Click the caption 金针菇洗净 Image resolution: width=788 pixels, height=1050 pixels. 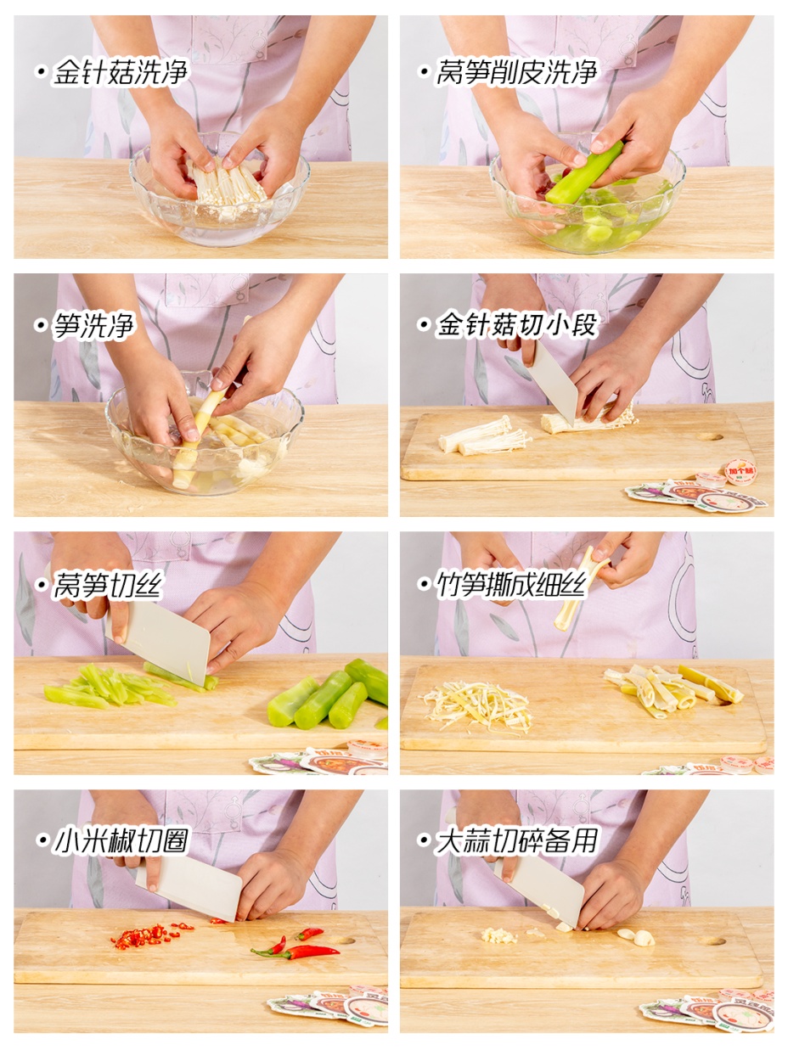[121, 73]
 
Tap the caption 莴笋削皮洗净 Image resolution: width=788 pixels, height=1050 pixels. [516, 73]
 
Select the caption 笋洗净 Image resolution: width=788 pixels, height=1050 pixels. [93, 326]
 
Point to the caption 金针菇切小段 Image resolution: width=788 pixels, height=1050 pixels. [516, 325]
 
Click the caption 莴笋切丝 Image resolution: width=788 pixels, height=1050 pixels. [107, 585]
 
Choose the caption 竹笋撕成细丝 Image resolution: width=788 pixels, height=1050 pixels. [510, 585]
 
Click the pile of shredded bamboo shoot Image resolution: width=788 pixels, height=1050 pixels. [477, 705]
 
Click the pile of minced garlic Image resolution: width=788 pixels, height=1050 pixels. [498, 935]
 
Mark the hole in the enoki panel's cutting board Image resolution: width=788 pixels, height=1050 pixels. [710, 437]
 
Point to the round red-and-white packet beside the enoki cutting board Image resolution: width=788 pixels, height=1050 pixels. [740, 472]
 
